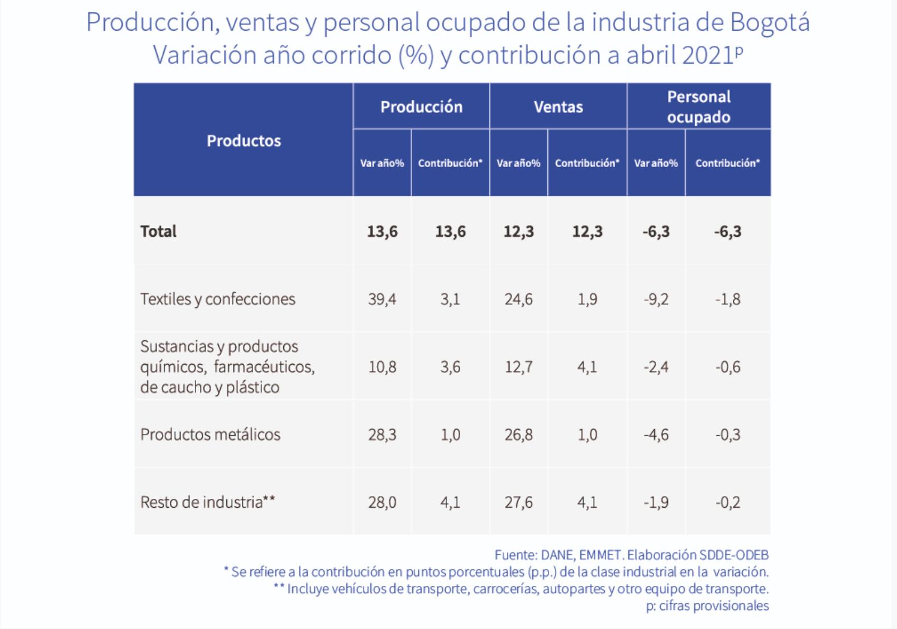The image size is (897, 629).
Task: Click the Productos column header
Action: click(x=244, y=141)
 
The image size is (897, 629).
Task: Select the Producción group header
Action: click(x=421, y=107)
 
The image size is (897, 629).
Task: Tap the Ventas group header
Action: click(x=558, y=107)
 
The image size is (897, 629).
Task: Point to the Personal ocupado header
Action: click(x=698, y=107)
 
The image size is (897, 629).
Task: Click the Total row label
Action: click(x=159, y=231)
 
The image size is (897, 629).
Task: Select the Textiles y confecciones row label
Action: click(x=218, y=299)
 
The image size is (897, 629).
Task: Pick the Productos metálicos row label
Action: click(x=210, y=435)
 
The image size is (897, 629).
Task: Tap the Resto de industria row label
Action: click(x=207, y=502)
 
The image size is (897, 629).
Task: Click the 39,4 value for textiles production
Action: click(x=382, y=299)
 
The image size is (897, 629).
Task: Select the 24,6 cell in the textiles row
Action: click(x=518, y=299)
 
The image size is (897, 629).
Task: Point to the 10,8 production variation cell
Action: click(x=382, y=367)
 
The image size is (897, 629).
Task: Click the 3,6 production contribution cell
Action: click(x=450, y=367)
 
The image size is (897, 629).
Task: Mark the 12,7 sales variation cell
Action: click(x=518, y=367)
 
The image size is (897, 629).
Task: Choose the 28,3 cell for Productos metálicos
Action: click(x=382, y=435)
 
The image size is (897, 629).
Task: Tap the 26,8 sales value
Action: click(x=518, y=435)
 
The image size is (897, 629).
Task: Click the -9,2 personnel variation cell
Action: click(x=656, y=299)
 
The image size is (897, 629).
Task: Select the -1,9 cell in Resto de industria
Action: click(x=656, y=502)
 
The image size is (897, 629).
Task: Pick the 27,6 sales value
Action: click(x=518, y=502)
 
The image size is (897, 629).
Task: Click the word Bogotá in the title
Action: click(x=770, y=23)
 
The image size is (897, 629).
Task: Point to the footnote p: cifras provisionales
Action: click(x=707, y=606)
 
